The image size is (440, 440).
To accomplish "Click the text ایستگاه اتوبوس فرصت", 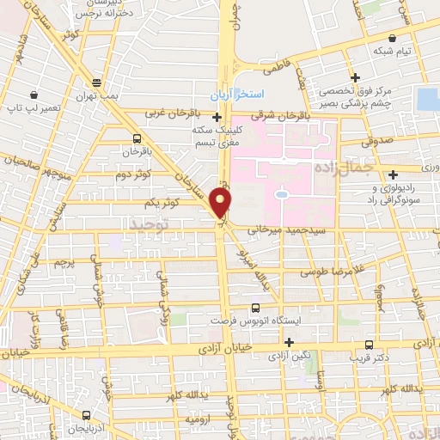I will pyautogui.click(x=254, y=320).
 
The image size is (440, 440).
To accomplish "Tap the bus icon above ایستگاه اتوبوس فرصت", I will pyautogui.click(x=254, y=307).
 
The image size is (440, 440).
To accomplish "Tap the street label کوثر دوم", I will pyautogui.click(x=133, y=174).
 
